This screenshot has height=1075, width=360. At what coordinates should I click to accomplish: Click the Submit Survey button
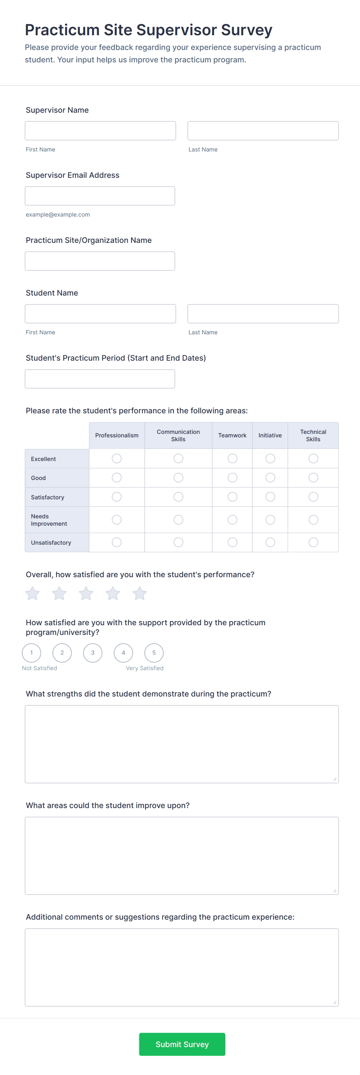click(182, 1044)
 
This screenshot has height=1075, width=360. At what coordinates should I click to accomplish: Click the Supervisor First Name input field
click(100, 131)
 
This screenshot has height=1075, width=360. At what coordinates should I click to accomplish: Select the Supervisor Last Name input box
click(263, 131)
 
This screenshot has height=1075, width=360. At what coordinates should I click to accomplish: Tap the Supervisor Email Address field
click(100, 196)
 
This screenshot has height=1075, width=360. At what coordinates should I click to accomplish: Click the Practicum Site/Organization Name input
click(100, 261)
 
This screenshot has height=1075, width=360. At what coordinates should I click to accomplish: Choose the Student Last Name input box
click(263, 314)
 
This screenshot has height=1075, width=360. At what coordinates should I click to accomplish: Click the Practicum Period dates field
click(100, 379)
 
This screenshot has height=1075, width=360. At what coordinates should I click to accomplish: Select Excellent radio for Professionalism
click(117, 459)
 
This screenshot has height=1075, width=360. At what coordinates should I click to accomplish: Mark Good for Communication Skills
click(178, 477)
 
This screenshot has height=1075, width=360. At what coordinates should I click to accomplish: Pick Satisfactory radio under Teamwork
click(232, 497)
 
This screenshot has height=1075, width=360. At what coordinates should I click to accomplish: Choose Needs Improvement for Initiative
click(270, 519)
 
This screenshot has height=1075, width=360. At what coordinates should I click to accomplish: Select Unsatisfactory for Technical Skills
click(313, 542)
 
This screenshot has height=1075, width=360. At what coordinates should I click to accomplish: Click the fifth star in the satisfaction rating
click(140, 593)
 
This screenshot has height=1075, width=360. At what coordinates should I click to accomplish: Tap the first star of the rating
click(33, 593)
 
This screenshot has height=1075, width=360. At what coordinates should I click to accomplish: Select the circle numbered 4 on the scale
click(123, 653)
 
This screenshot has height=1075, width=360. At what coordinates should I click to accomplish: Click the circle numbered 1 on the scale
click(32, 653)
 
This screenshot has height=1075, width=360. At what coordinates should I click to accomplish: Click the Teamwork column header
click(232, 435)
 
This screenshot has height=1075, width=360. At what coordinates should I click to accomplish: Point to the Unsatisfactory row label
click(51, 542)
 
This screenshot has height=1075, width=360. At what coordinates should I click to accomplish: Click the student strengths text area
click(182, 744)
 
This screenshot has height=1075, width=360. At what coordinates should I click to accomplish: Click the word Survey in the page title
click(247, 30)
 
